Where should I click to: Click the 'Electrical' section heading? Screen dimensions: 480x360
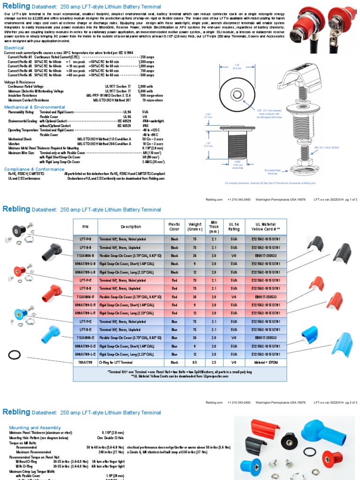[x=14, y=48]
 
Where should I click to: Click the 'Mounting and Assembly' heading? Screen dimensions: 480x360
[x=31, y=427]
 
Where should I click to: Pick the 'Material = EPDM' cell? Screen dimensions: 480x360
[x=268, y=362]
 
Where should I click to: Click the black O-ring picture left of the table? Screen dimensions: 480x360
[x=15, y=355]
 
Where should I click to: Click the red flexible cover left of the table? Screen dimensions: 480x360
[x=52, y=293]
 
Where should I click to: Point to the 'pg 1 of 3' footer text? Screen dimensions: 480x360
[x=349, y=199]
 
